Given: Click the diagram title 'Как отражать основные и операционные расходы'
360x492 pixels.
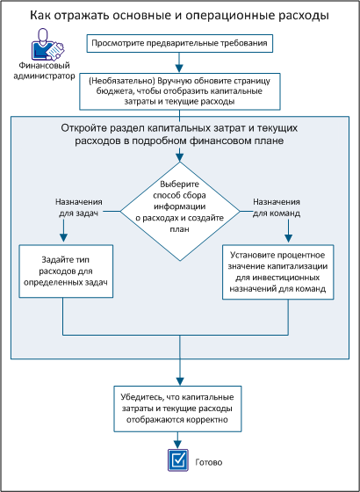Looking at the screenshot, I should (179, 16).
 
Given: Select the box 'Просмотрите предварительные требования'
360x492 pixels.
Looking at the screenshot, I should (179, 42).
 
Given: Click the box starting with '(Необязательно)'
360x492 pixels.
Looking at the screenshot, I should (179, 90).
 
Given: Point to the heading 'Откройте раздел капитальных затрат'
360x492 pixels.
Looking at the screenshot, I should (179, 134).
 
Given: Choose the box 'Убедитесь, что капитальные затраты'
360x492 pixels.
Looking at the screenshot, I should (179, 408).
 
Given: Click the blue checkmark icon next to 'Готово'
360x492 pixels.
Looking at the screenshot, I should (179, 459).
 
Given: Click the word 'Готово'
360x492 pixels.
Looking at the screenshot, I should (209, 460).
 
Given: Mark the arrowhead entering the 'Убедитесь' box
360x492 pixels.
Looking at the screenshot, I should (179, 379).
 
